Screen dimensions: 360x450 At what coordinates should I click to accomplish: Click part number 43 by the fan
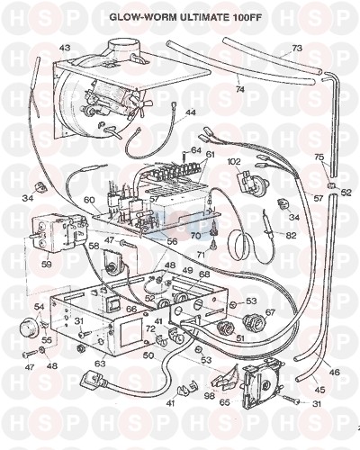point(65,48)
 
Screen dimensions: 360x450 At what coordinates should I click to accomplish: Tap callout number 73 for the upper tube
point(297,48)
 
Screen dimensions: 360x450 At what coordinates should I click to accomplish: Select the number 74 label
point(240,89)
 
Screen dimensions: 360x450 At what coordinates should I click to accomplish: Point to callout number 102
point(234,162)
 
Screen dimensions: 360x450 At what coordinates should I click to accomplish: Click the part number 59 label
point(47,265)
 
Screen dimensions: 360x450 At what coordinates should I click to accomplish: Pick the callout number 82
point(291,235)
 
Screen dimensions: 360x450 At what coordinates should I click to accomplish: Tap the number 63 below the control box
point(100,364)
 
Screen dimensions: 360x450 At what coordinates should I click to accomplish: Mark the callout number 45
point(319,390)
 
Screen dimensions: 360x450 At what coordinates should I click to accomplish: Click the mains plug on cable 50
point(93,380)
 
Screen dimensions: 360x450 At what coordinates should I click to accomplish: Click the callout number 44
point(190,112)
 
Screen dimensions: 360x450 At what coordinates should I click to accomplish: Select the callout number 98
point(209,396)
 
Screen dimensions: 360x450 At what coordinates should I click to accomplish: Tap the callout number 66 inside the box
point(131,309)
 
